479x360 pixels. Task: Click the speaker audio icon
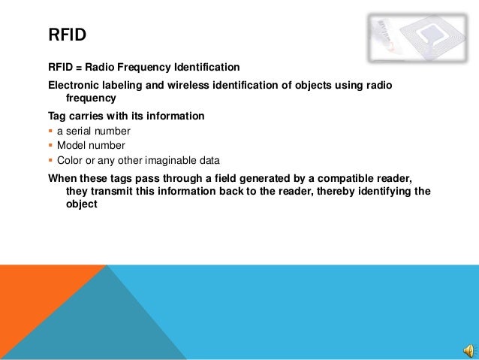point(468,351)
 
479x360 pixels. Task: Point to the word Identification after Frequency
point(203,68)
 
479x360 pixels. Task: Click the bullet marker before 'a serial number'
point(50,132)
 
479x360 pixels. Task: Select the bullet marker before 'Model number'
point(50,146)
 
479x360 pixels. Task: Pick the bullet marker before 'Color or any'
point(50,161)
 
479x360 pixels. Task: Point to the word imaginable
point(170,161)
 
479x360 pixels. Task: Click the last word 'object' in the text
point(82,204)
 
